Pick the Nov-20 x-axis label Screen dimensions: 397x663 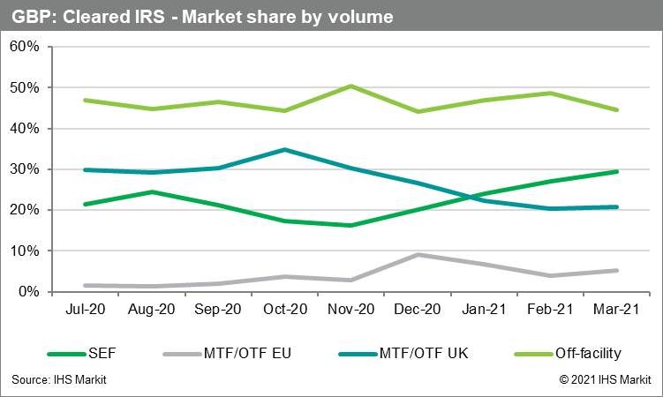pyautogui.click(x=350, y=311)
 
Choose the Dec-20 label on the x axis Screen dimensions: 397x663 pyautogui.click(x=418, y=311)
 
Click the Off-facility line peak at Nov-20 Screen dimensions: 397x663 pyautogui.click(x=350, y=86)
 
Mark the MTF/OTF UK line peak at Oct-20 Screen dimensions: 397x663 pyautogui.click(x=283, y=149)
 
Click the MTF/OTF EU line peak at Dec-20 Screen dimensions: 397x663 pyautogui.click(x=418, y=254)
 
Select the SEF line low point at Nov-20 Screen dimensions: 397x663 pyautogui.click(x=350, y=225)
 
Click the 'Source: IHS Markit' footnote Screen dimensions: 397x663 pyautogui.click(x=59, y=380)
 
